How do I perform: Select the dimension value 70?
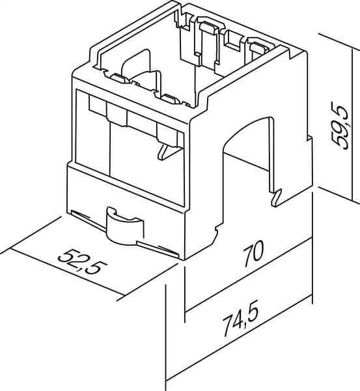coord(253,253)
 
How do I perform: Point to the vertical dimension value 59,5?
coord(341,128)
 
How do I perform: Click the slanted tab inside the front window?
coord(168,152)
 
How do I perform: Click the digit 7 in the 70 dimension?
coord(249,256)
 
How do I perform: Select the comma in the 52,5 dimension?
coord(83,268)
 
